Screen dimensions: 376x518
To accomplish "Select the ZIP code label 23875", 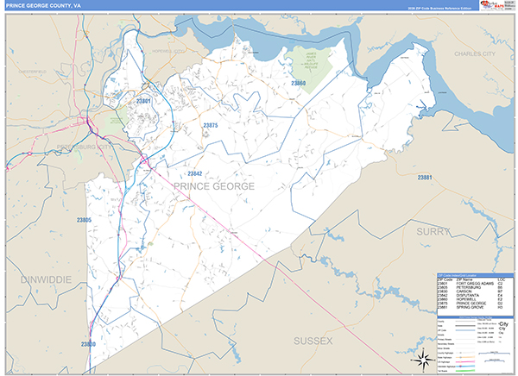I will click(x=210, y=126).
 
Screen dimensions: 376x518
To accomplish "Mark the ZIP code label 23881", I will click(x=424, y=178).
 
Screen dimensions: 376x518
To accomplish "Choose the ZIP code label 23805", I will click(x=84, y=220).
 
